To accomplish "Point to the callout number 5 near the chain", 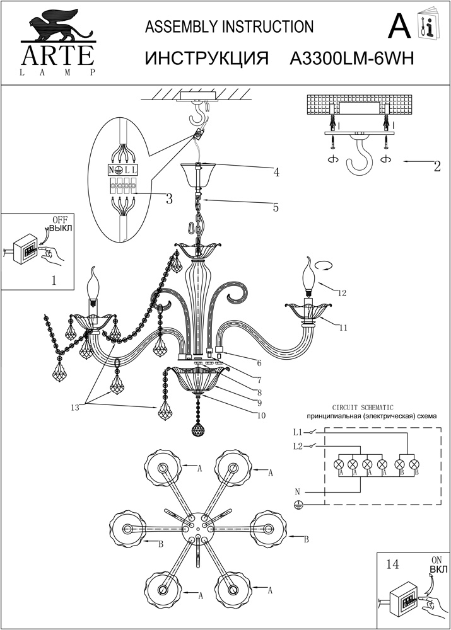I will click(x=276, y=206).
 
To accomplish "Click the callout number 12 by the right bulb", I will click(x=342, y=293).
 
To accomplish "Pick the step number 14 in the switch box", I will click(x=393, y=566).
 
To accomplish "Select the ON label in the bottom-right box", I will click(x=436, y=559).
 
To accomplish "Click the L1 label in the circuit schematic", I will click(x=298, y=432).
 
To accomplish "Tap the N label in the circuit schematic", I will click(x=296, y=491).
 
